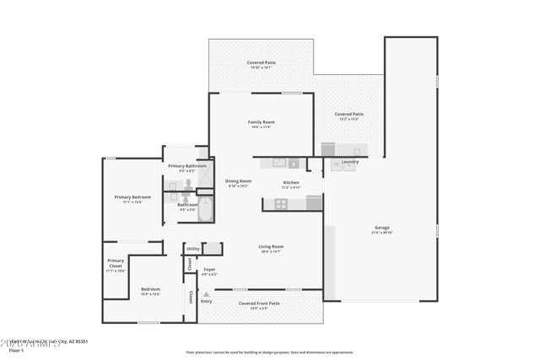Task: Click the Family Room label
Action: (261, 122)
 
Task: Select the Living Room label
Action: (271, 247)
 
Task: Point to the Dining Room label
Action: (238, 181)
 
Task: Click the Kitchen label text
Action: (291, 183)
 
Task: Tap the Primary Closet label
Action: (116, 263)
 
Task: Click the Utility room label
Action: (193, 249)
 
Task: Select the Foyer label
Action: (208, 270)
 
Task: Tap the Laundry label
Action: (350, 162)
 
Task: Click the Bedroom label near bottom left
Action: (149, 289)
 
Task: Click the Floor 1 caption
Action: (15, 349)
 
